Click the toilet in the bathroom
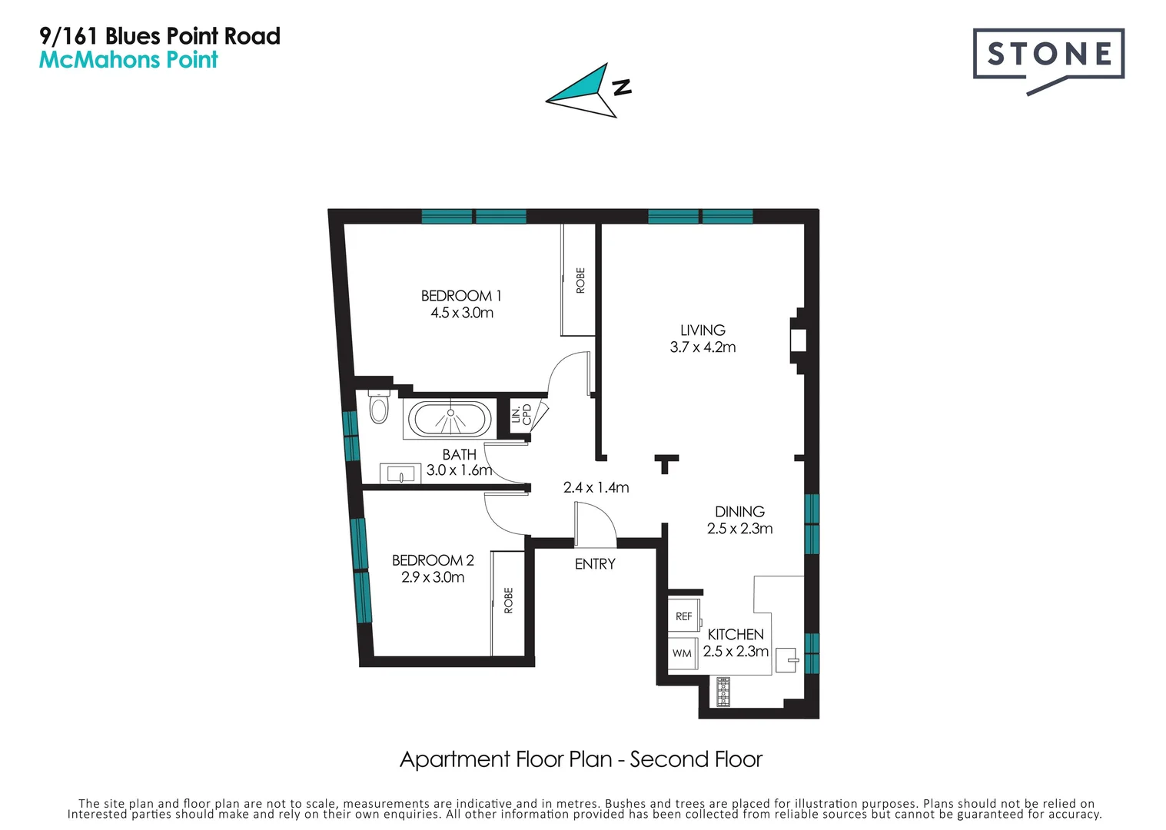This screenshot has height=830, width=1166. [x=379, y=407]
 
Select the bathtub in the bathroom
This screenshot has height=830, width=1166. [x=450, y=420]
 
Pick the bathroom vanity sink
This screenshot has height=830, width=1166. [x=400, y=473]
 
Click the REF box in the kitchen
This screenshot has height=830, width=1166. [x=683, y=616]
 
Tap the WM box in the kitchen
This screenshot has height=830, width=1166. [x=682, y=653]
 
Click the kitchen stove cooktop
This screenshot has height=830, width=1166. [x=723, y=692]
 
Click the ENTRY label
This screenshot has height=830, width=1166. [x=595, y=564]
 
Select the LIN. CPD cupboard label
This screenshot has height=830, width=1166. [x=521, y=414]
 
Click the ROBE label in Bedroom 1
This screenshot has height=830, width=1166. [x=580, y=281]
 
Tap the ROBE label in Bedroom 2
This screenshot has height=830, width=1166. [x=508, y=600]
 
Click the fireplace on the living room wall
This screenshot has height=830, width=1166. [x=799, y=339]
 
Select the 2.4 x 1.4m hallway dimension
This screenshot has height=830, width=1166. [x=596, y=487]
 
